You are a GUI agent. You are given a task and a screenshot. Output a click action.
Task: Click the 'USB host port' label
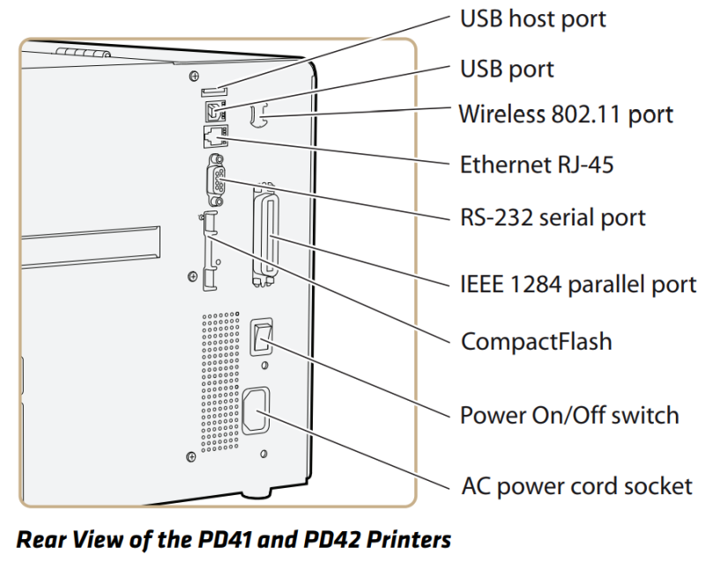pyautogui.click(x=533, y=18)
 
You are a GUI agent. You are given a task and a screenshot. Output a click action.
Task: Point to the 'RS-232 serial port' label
pyautogui.click(x=553, y=217)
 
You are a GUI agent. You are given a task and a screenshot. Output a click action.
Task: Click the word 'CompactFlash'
pyautogui.click(x=537, y=341)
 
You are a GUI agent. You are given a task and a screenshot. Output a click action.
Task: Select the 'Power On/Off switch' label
pyautogui.click(x=570, y=414)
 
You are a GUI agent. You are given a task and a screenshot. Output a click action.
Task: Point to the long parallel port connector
pyautogui.click(x=263, y=233)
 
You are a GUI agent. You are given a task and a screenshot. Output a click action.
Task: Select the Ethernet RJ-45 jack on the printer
pyautogui.click(x=214, y=135)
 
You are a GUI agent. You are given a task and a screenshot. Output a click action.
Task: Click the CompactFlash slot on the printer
pyautogui.click(x=208, y=251)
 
